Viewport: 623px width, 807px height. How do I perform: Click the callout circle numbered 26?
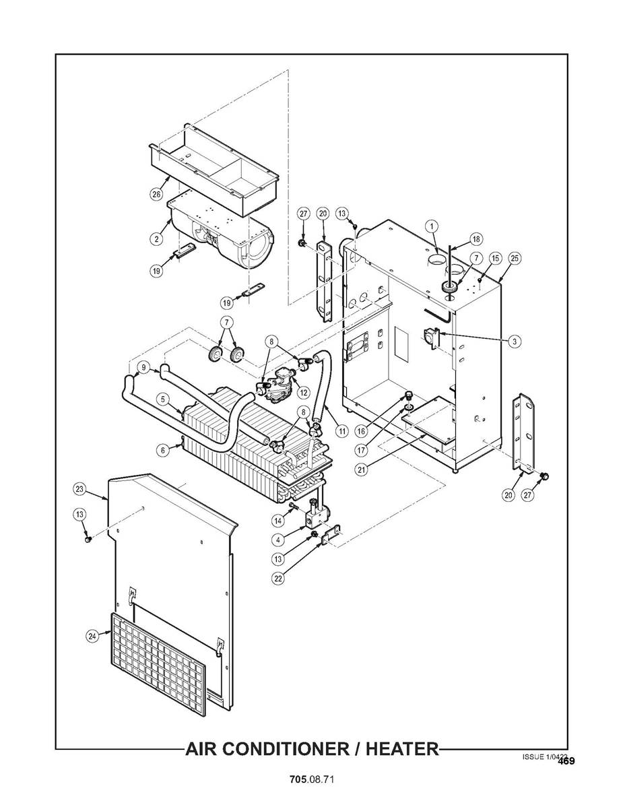click(x=156, y=194)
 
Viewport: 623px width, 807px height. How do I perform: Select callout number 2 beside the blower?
click(x=156, y=238)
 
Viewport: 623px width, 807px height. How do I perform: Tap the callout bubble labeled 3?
click(x=514, y=342)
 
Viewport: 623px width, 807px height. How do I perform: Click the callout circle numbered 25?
click(x=515, y=258)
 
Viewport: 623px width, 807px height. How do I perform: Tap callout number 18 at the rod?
click(x=476, y=239)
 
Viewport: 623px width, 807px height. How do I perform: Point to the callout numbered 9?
click(x=143, y=367)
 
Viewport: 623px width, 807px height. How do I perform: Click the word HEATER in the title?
click(x=400, y=748)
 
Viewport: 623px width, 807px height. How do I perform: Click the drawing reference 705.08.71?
click(x=312, y=779)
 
